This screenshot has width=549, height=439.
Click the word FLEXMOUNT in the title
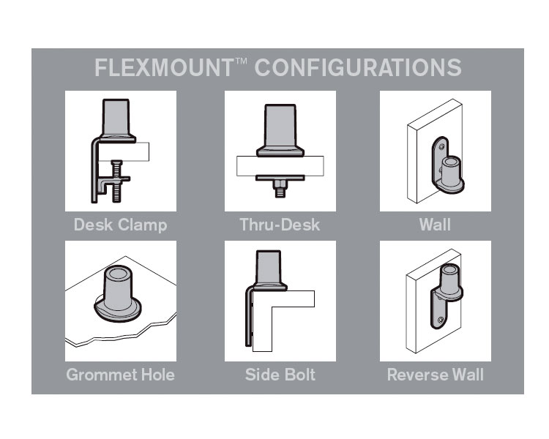pyautogui.click(x=164, y=67)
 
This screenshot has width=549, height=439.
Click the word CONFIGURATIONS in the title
pyautogui.click(x=358, y=67)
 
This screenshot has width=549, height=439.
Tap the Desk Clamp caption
pyautogui.click(x=121, y=225)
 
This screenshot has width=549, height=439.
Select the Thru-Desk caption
pyautogui.click(x=280, y=225)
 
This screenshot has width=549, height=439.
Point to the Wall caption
pyautogui.click(x=435, y=225)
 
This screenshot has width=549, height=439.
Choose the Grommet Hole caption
pyautogui.click(x=121, y=375)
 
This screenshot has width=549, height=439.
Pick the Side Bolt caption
pyautogui.click(x=280, y=375)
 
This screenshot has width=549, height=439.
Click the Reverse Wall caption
pyautogui.click(x=436, y=375)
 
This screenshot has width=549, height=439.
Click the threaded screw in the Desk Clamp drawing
pyautogui.click(x=117, y=181)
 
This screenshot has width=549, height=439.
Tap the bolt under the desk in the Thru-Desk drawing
pyautogui.click(x=280, y=189)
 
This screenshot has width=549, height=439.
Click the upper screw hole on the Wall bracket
pyautogui.click(x=441, y=146)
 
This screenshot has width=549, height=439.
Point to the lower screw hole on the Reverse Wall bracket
pyautogui.click(x=441, y=320)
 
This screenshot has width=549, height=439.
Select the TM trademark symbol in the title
pyautogui.click(x=242, y=61)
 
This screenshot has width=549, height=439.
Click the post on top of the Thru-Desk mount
pyautogui.click(x=280, y=127)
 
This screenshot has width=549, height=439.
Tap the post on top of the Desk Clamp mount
pyautogui.click(x=116, y=118)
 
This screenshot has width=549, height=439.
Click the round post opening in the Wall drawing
pyautogui.click(x=451, y=162)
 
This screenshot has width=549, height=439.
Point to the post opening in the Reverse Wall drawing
pyautogui.click(x=450, y=269)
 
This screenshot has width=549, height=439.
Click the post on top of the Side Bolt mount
pyautogui.click(x=269, y=268)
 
